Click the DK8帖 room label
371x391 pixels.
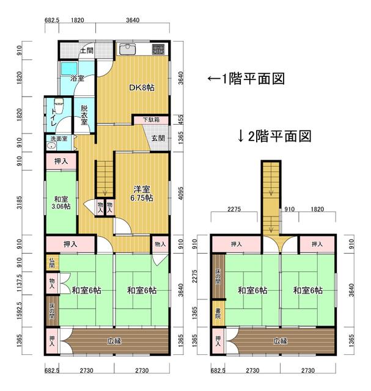tap(141, 87)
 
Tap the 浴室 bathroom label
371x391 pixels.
tap(76, 78)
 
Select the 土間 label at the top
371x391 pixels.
tap(86, 51)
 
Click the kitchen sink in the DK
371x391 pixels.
tap(129, 49)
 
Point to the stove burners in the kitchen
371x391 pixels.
tap(158, 49)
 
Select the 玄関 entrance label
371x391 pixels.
tap(157, 138)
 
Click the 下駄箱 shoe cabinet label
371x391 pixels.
tap(151, 120)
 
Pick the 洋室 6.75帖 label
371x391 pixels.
tap(141, 193)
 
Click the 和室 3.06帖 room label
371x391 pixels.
tap(60, 202)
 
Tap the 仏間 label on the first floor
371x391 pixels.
tap(52, 264)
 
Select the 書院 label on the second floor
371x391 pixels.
tap(218, 315)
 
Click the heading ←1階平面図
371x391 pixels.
tap(245, 79)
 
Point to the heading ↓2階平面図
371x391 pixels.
tap(274, 136)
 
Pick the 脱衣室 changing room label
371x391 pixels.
tap(84, 115)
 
